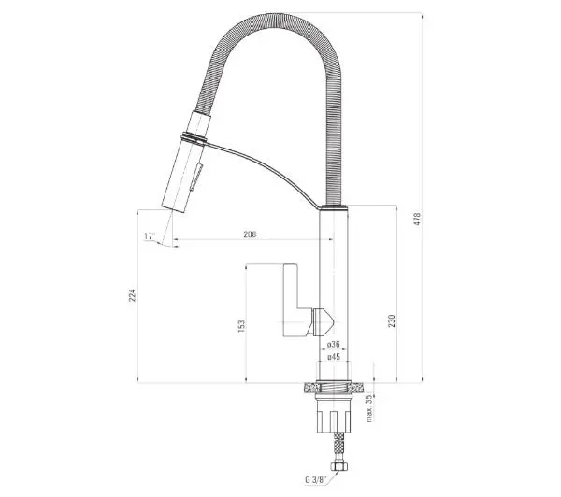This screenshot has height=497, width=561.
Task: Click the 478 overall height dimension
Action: click(x=417, y=219)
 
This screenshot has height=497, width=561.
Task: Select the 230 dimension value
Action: click(x=392, y=320)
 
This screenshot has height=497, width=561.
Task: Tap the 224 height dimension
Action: click(x=133, y=295)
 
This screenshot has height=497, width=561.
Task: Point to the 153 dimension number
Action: click(x=242, y=326)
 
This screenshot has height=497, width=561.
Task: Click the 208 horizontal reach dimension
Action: click(x=250, y=234)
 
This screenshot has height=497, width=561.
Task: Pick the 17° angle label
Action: click(x=150, y=236)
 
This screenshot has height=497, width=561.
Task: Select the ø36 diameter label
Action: click(x=333, y=344)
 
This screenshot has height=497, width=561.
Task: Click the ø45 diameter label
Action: click(x=333, y=357)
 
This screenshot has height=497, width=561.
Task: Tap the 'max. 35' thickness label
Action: click(x=369, y=409)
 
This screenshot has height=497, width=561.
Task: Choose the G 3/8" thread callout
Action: click(x=314, y=480)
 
